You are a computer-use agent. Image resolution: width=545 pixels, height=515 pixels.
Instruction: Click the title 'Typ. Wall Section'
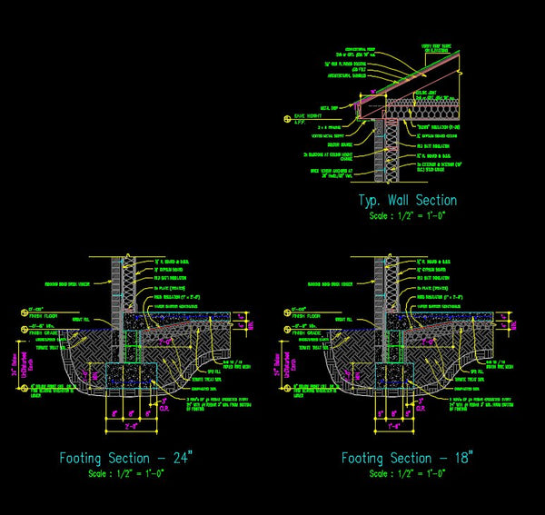click(x=407, y=200)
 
